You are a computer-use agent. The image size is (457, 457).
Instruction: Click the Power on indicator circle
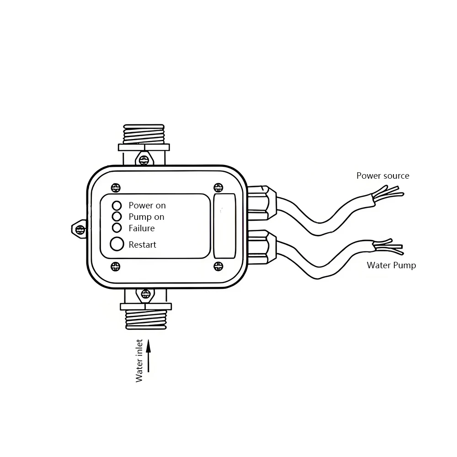click(117, 205)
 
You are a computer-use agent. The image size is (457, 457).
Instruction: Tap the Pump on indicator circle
click(117, 216)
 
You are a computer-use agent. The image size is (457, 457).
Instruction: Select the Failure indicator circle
click(117, 228)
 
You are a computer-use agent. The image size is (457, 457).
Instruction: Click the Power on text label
click(147, 206)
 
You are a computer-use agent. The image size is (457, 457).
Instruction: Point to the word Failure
click(142, 228)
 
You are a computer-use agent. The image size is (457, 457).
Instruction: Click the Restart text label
click(143, 244)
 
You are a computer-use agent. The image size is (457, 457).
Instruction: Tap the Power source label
click(383, 175)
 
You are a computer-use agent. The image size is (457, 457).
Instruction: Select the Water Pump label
click(392, 265)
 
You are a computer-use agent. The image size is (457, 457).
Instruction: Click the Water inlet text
click(139, 361)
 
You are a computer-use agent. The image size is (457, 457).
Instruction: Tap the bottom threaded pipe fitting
click(145, 318)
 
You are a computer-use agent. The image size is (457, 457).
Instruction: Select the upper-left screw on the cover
click(116, 186)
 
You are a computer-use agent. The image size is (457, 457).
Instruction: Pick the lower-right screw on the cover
click(218, 266)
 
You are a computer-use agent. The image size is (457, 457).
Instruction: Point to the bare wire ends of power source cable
click(388, 192)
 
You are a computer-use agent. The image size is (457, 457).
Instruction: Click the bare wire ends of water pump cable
click(388, 247)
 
